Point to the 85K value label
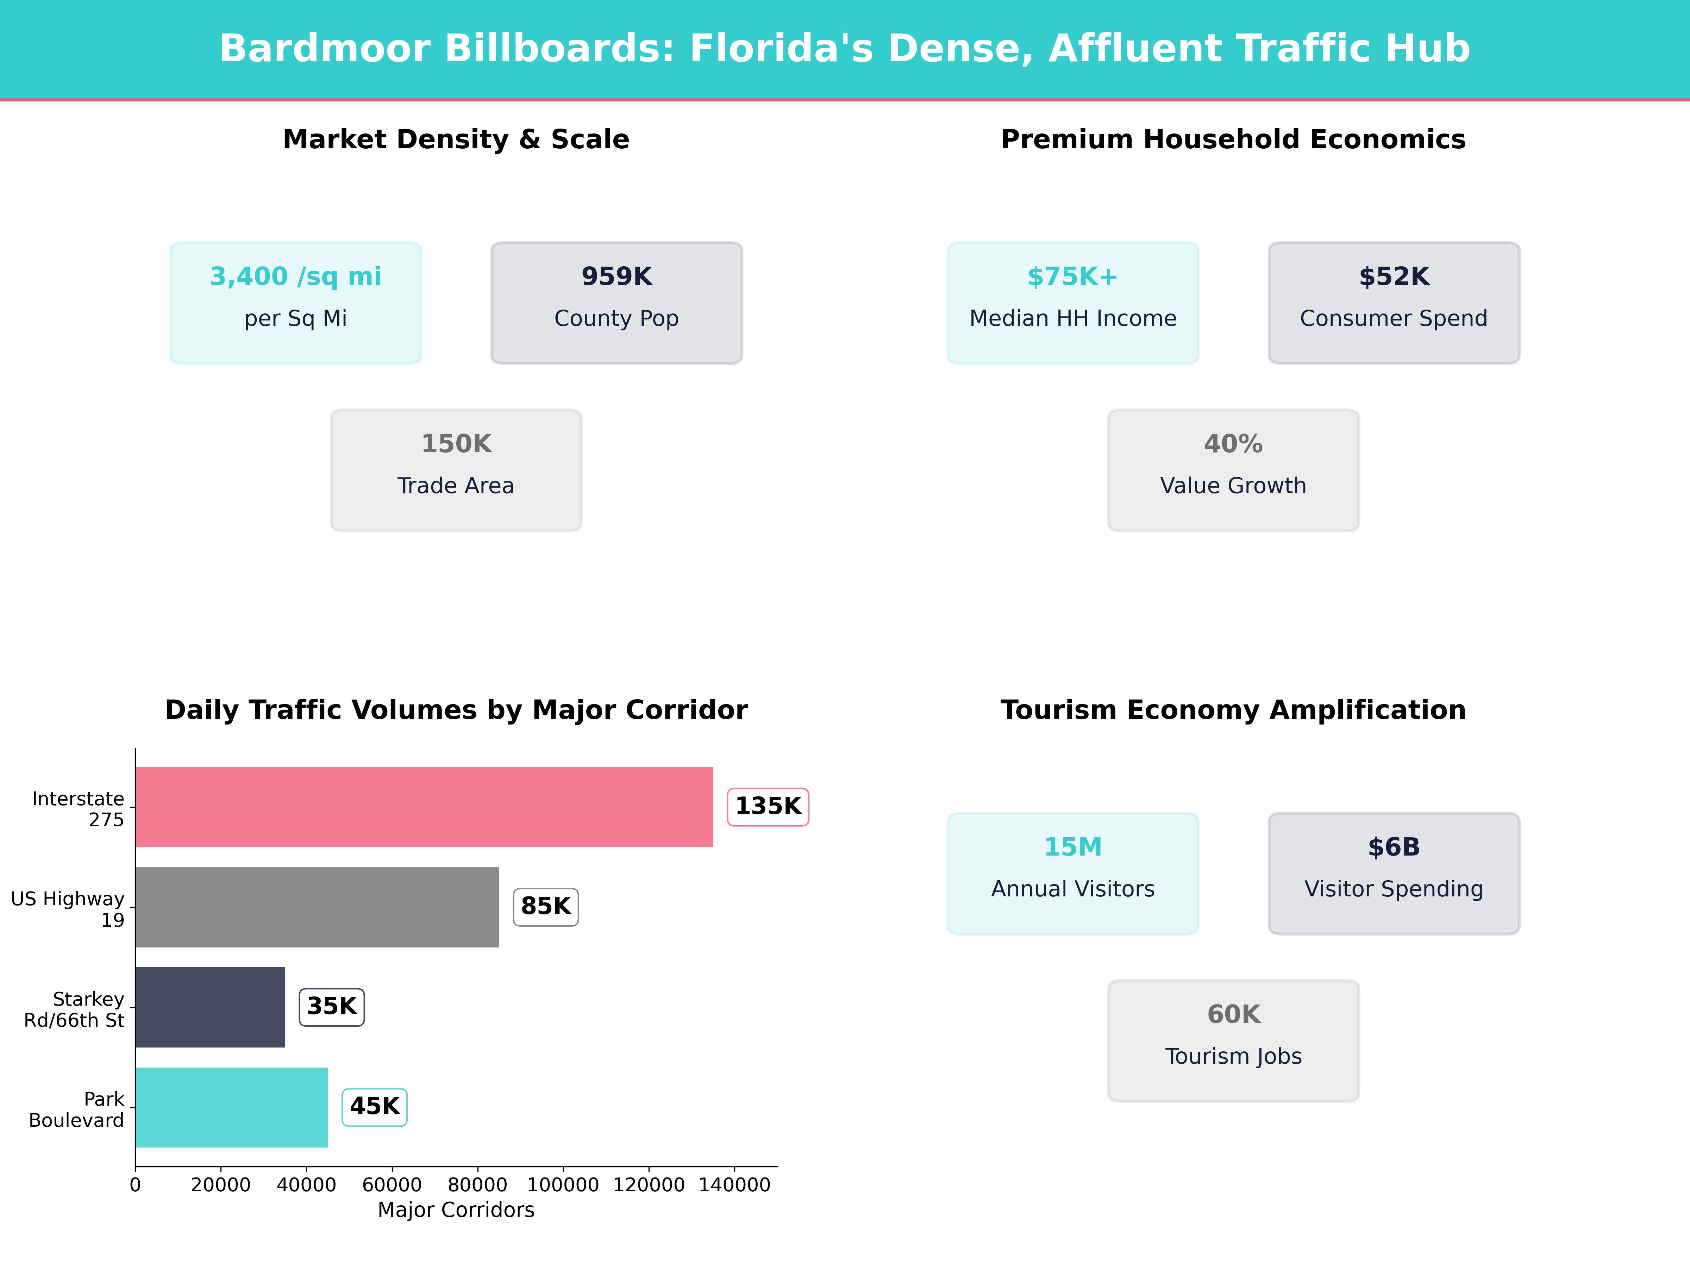(545, 907)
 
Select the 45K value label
(374, 1107)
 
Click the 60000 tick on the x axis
(392, 1185)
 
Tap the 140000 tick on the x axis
(734, 1185)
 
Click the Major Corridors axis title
(456, 1210)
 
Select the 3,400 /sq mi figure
(296, 277)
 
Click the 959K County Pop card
(616, 303)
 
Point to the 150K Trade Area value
(456, 444)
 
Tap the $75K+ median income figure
(1073, 277)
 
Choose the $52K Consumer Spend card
(1394, 303)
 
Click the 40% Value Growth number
(1233, 444)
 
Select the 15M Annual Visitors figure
(1073, 847)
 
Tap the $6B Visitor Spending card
(1394, 873)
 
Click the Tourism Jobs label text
(1233, 1056)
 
